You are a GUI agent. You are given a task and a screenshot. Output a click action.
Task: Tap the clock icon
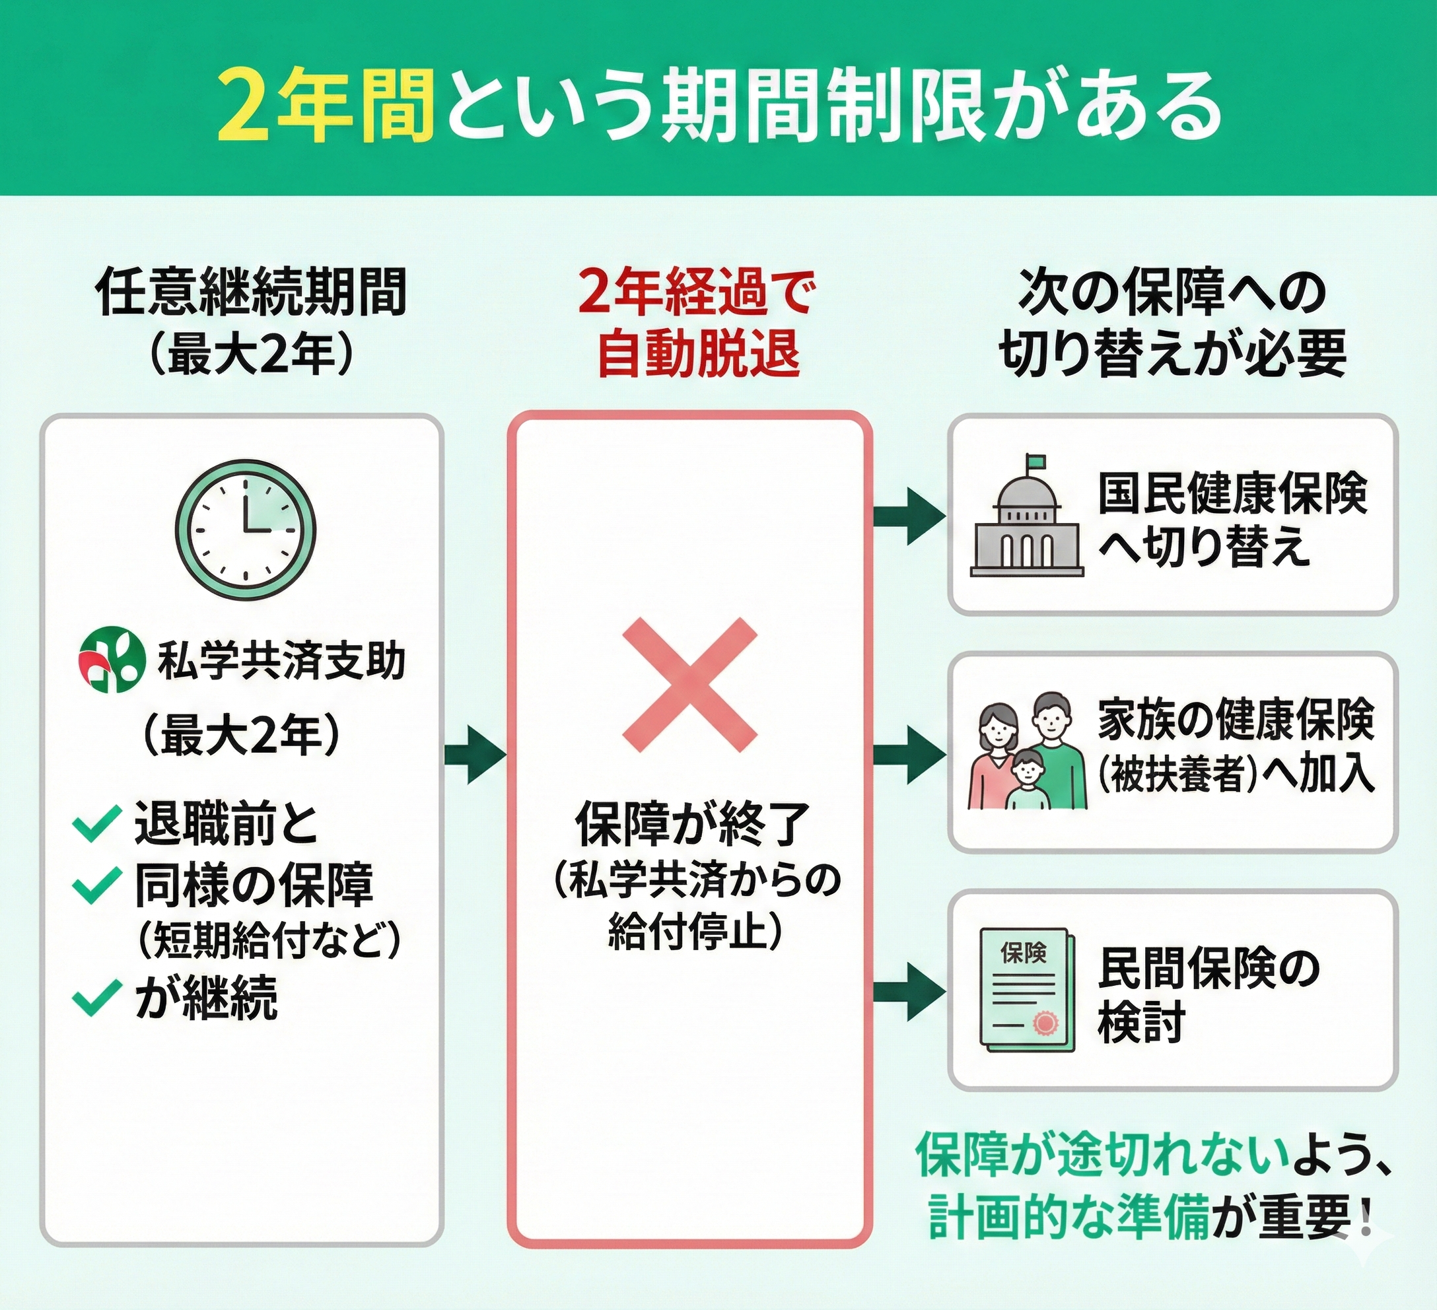[245, 530]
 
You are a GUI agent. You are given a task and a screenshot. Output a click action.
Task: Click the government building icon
[1026, 518]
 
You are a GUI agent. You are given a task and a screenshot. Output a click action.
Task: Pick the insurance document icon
[1024, 989]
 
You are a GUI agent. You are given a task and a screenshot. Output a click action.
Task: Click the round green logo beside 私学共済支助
[108, 661]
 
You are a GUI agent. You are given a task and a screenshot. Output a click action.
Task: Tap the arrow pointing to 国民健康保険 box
[909, 516]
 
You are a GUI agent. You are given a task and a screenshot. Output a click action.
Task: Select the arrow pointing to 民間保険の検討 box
[909, 991]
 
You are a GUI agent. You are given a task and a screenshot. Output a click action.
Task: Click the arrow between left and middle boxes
[475, 755]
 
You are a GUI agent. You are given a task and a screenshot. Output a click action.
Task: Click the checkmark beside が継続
[96, 997]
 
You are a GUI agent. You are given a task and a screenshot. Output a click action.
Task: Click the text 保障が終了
[691, 824]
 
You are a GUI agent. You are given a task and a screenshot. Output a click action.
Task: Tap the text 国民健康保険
[1232, 493]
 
